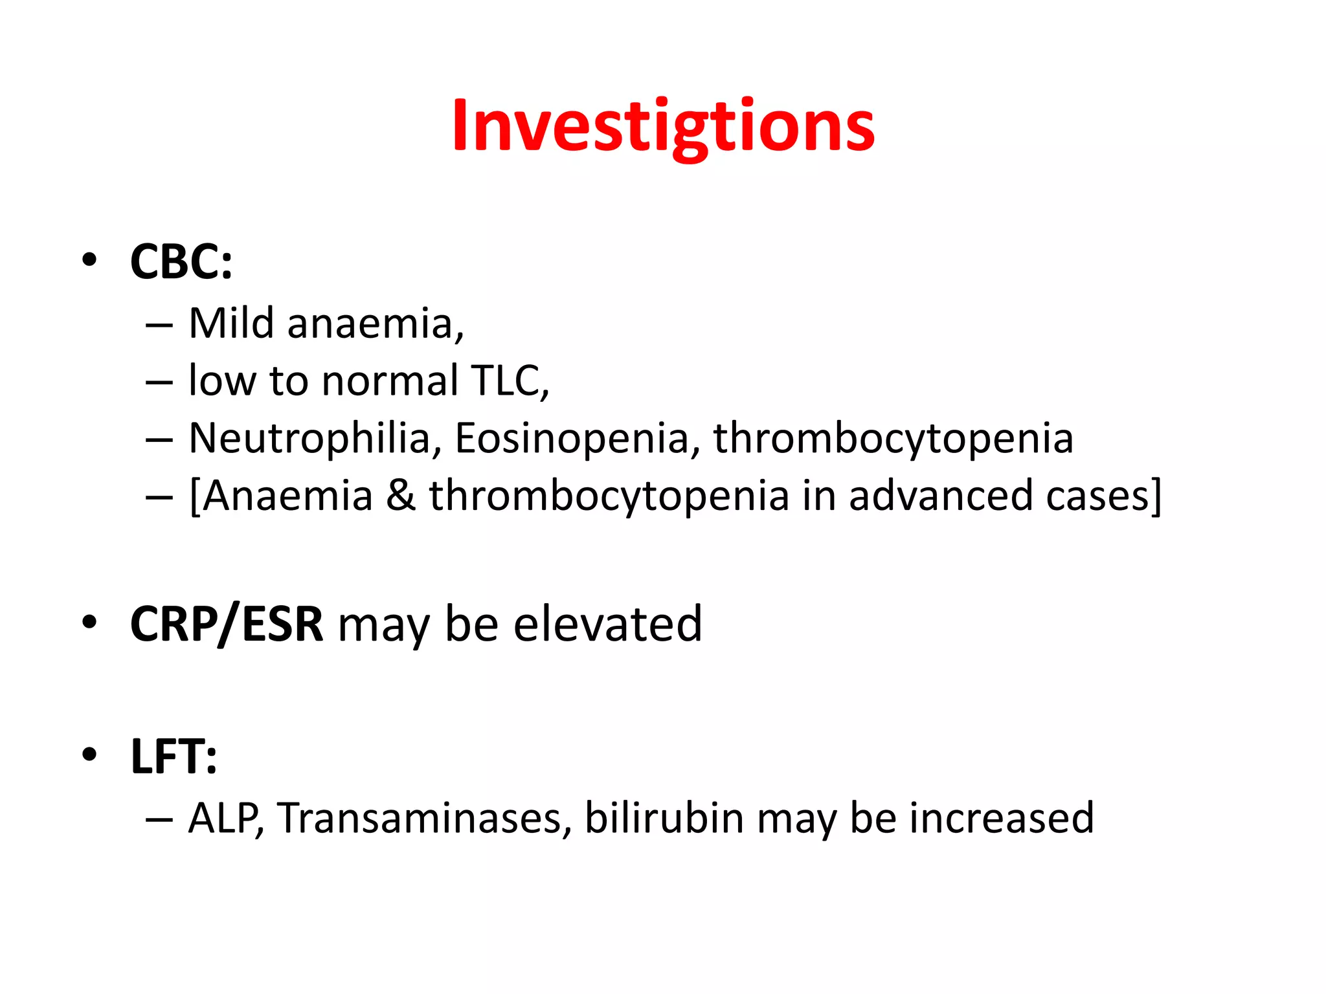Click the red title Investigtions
point(663,126)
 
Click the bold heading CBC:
point(181,262)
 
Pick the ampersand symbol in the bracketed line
point(401,496)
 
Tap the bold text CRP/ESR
point(226,624)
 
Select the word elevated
point(607,624)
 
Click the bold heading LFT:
point(174,756)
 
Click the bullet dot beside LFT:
point(89,754)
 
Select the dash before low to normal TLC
point(159,382)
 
